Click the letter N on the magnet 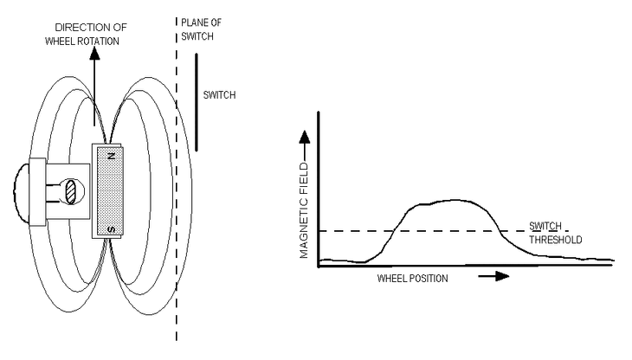(112, 156)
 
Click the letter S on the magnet (112, 229)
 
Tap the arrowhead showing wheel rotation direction (94, 53)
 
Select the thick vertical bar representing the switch (197, 102)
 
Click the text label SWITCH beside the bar (219, 95)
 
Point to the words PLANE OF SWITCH (201, 29)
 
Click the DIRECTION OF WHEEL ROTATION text (86, 35)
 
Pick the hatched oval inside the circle (70, 191)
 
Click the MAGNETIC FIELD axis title (304, 210)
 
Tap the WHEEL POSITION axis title (412, 279)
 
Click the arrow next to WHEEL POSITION (493, 276)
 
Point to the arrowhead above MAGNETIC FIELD (305, 138)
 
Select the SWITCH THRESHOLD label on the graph (556, 233)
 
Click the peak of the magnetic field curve (455, 200)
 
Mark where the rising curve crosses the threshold (394, 231)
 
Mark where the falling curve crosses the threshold (500, 231)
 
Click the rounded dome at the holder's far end (22, 192)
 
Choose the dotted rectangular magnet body (110, 191)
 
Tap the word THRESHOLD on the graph (556, 240)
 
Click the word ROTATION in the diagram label (100, 42)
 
